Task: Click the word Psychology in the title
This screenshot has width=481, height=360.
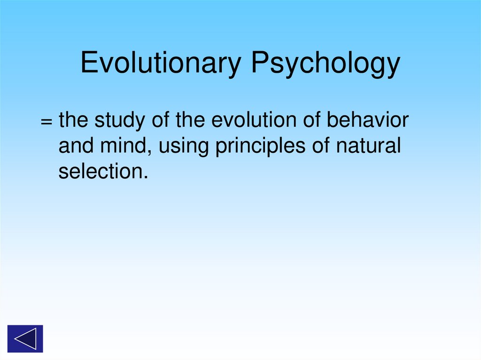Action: point(325,63)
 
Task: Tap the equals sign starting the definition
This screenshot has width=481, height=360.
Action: point(46,122)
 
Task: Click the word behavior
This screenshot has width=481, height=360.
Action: point(368,121)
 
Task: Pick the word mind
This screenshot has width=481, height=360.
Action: point(127,146)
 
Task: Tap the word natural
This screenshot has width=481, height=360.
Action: point(368,146)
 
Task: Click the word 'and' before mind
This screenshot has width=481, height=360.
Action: point(74,146)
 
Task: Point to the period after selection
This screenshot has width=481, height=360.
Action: point(145,178)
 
